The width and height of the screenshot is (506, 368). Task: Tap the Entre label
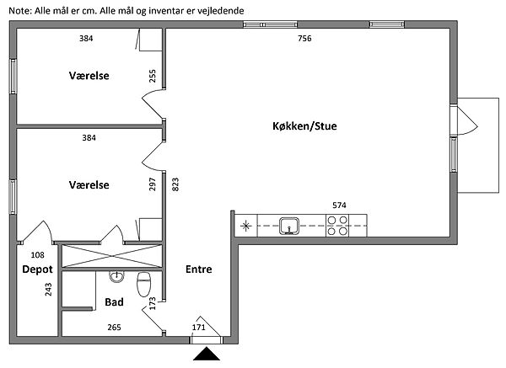click(x=198, y=269)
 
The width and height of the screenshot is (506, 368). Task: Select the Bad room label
click(x=114, y=301)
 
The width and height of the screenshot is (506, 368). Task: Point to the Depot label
click(x=37, y=269)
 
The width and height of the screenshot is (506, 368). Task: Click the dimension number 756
click(x=304, y=39)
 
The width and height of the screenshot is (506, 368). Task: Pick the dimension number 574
click(x=340, y=205)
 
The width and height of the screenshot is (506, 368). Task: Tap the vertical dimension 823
click(x=175, y=184)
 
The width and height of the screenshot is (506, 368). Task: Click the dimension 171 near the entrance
click(x=199, y=328)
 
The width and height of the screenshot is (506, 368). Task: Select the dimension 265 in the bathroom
click(x=114, y=328)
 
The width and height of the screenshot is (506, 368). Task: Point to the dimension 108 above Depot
click(x=37, y=254)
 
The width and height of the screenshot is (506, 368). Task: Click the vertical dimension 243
click(x=48, y=291)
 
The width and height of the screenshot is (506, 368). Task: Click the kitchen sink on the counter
click(x=289, y=225)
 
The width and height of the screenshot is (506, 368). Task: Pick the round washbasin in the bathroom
click(x=117, y=277)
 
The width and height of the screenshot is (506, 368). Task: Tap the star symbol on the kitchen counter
click(x=245, y=225)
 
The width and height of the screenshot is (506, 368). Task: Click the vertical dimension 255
click(x=153, y=77)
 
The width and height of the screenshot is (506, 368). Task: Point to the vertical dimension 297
click(x=153, y=184)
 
